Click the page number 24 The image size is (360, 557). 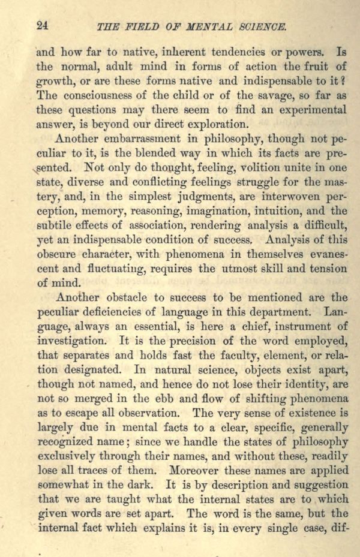42,25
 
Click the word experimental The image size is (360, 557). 311,110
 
